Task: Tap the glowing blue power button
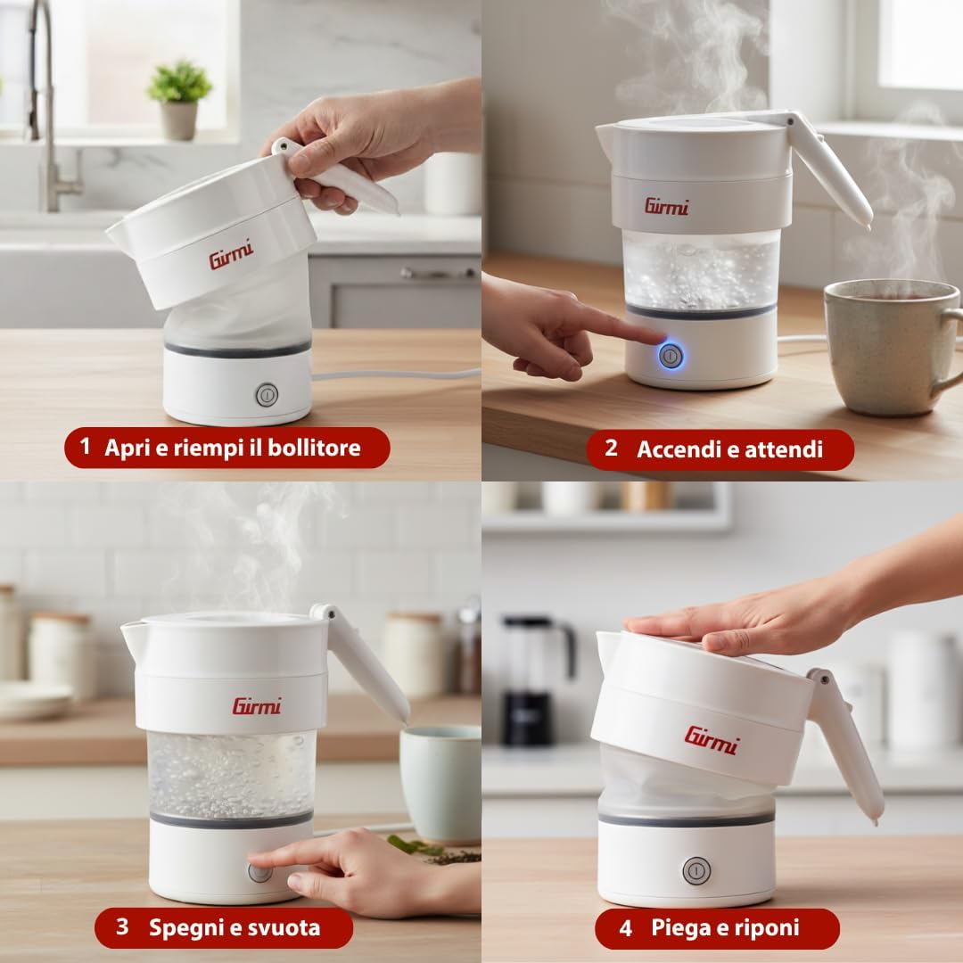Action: (671, 356)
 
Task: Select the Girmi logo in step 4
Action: (712, 740)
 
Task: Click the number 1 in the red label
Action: (85, 446)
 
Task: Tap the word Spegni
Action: (184, 927)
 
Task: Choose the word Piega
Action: (678, 927)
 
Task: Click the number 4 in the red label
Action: (625, 928)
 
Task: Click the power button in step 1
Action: (267, 395)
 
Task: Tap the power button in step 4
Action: (696, 870)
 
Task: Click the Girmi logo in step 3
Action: (257, 706)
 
